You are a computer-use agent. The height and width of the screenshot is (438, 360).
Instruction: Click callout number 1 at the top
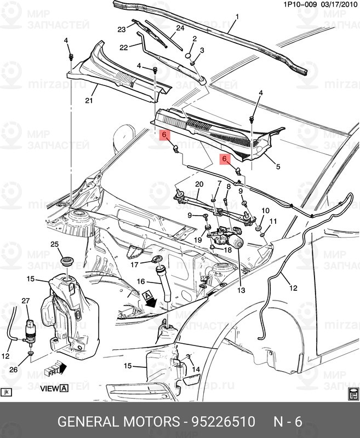click(237, 17)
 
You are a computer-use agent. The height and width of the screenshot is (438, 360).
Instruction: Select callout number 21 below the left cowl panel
click(89, 100)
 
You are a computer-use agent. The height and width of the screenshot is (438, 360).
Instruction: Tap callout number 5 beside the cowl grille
click(277, 166)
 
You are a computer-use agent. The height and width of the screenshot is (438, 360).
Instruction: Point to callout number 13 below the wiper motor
click(241, 290)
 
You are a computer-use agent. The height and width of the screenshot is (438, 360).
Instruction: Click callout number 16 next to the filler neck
click(141, 282)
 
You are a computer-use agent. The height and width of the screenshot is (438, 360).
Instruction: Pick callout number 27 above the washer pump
click(25, 301)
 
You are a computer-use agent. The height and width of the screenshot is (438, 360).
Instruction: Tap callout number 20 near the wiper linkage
click(199, 184)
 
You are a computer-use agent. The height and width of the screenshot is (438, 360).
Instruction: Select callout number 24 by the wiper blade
click(180, 28)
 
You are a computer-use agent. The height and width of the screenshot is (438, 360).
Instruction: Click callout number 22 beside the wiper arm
click(124, 48)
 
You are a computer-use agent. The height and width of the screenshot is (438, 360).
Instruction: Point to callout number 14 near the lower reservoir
click(196, 369)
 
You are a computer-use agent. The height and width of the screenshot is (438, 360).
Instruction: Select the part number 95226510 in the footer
click(223, 422)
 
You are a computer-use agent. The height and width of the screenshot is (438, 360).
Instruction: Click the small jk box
click(7, 392)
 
